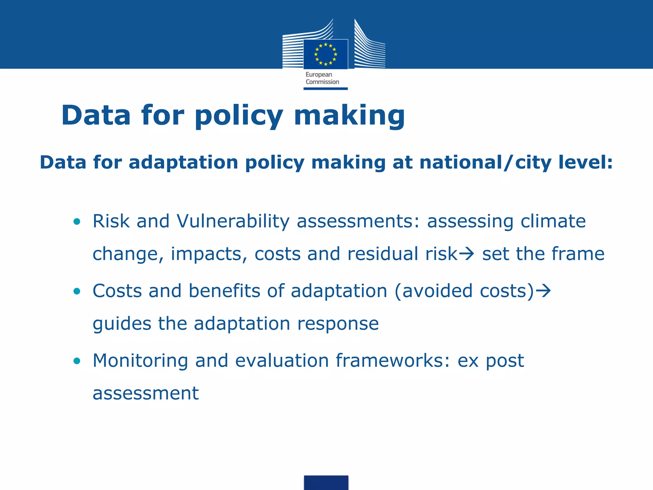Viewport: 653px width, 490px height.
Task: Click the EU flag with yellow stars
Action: pyautogui.click(x=326, y=54)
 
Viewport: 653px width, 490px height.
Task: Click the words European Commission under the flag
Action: pyautogui.click(x=322, y=78)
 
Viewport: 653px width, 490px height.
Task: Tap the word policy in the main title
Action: pyautogui.click(x=239, y=115)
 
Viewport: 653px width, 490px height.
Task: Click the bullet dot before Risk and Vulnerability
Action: pyautogui.click(x=77, y=221)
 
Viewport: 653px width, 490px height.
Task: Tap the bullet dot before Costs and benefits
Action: pyautogui.click(x=77, y=291)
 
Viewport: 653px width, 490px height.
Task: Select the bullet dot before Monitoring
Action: pyautogui.click(x=77, y=361)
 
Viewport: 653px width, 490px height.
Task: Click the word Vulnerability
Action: pyautogui.click(x=233, y=221)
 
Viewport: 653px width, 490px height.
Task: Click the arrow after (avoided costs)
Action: pyautogui.click(x=543, y=291)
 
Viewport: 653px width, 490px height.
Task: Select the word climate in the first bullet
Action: pyautogui.click(x=553, y=221)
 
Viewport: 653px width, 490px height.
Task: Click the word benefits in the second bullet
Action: pyautogui.click(x=224, y=291)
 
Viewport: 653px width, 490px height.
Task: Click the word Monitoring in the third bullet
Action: pyautogui.click(x=140, y=361)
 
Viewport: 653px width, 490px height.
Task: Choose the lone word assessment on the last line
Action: pyautogui.click(x=146, y=393)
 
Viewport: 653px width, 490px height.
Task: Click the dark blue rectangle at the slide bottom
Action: pyautogui.click(x=326, y=482)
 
